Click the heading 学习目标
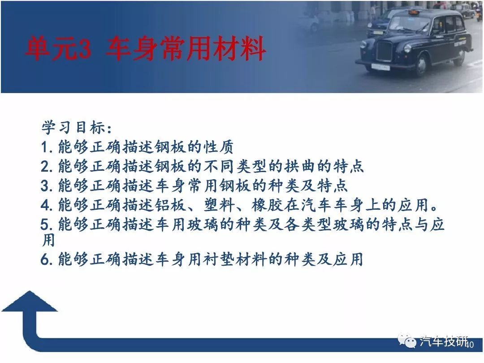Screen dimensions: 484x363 (73, 127)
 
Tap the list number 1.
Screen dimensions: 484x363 (45, 147)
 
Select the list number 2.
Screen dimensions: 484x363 (45, 167)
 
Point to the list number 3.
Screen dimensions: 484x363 (45, 186)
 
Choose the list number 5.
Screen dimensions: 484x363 (45, 225)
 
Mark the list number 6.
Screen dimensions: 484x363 (45, 259)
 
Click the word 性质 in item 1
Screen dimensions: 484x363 (219, 147)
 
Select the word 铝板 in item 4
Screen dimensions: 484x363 (170, 205)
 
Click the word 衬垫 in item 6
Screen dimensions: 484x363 (219, 259)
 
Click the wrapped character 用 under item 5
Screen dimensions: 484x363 (48, 240)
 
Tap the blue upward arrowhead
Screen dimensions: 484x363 (30, 302)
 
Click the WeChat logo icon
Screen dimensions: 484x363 (407, 341)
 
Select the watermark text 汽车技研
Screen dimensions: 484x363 (443, 341)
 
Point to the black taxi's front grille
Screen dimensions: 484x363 (384, 52)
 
